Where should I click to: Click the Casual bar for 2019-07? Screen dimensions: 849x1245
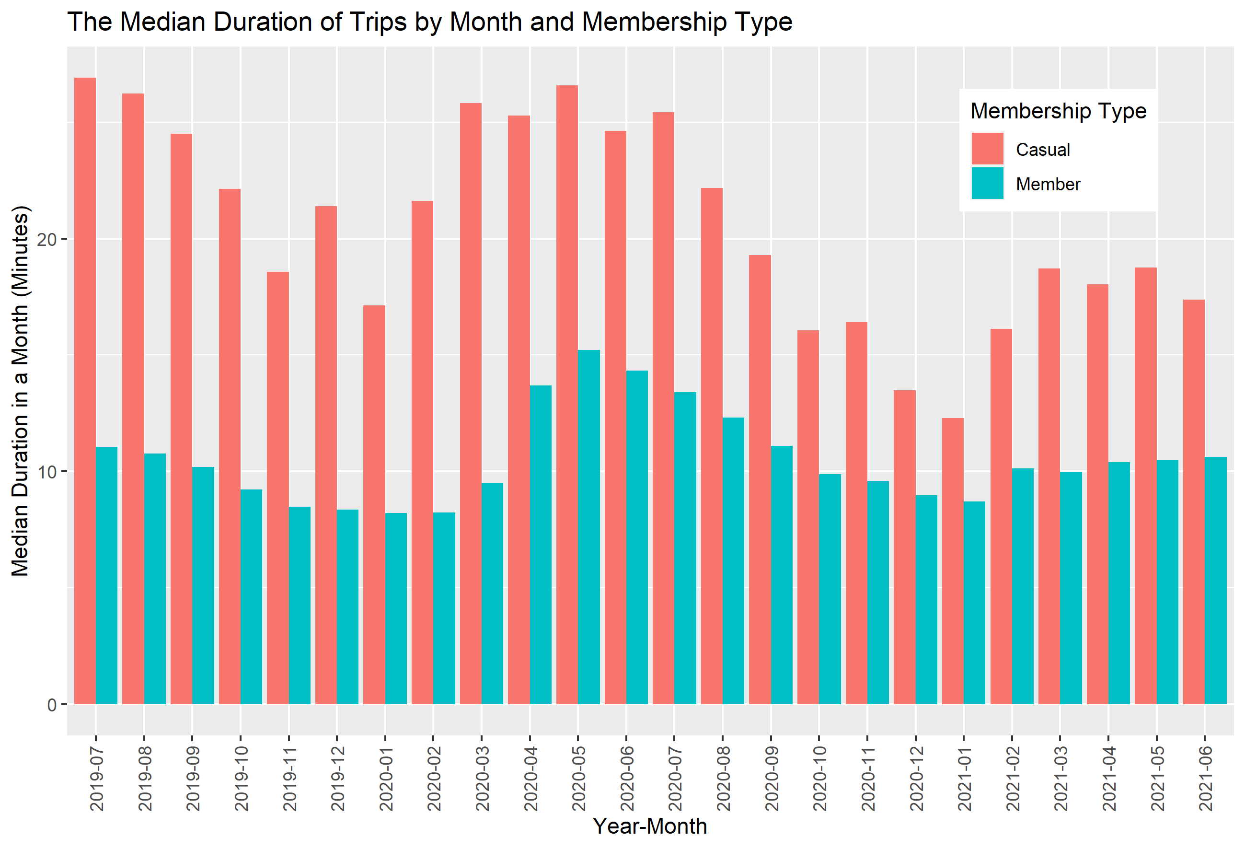point(85,391)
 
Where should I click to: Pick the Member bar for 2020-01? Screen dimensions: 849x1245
point(396,608)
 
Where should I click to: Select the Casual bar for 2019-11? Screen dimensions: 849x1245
point(277,488)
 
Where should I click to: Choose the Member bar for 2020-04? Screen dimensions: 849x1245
point(541,545)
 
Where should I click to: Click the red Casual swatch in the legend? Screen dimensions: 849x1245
point(987,149)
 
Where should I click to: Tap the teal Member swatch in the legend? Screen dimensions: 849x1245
point(987,183)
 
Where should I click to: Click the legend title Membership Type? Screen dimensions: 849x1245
point(1058,111)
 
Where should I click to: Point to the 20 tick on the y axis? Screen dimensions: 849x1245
point(47,239)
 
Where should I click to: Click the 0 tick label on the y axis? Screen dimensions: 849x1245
point(51,705)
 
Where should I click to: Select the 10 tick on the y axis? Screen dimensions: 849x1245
point(47,472)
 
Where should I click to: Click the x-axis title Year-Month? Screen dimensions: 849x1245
point(650,826)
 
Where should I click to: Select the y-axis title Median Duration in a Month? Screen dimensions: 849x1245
point(20,391)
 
